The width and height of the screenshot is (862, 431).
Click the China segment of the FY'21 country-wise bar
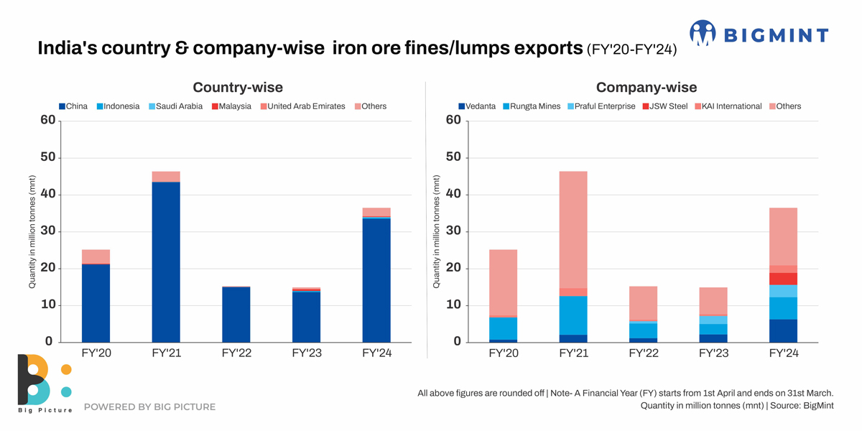click(x=166, y=262)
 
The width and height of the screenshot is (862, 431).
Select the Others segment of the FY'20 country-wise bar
click(x=96, y=256)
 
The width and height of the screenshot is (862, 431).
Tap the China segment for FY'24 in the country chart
click(x=376, y=280)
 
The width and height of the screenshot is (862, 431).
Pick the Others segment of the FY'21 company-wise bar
click(x=573, y=230)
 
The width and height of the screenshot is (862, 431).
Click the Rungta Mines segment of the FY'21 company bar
click(x=573, y=315)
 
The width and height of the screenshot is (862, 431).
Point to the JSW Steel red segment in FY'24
click(x=783, y=279)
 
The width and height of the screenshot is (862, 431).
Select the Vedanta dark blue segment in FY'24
click(x=783, y=330)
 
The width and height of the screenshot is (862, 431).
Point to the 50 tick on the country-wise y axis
click(x=48, y=157)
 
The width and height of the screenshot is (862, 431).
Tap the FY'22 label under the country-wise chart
click(x=236, y=353)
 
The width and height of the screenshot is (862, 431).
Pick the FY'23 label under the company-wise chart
click(x=713, y=353)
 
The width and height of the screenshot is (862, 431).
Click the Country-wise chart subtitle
click(x=238, y=88)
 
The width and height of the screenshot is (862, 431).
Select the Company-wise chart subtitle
click(x=646, y=88)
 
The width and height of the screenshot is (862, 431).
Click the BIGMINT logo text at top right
click(x=775, y=34)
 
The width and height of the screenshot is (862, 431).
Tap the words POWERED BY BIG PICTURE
click(x=149, y=407)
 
